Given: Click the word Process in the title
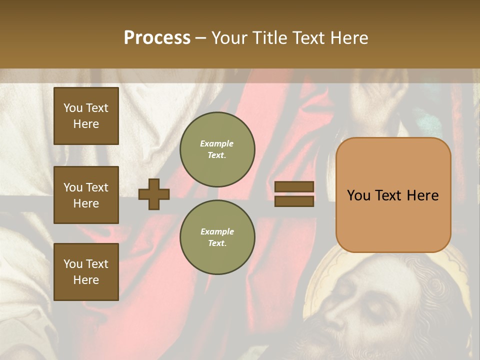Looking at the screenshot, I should [157, 38].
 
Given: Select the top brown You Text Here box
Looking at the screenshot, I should [86, 116].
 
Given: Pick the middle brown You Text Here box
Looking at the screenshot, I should [86, 195].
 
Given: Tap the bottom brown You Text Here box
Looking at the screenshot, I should [86, 271].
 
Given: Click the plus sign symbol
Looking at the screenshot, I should [154, 194].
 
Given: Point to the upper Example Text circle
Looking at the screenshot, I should [217, 149].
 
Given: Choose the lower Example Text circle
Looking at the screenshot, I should [217, 237].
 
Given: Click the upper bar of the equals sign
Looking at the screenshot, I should [294, 187].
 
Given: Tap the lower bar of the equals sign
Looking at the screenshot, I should [294, 201].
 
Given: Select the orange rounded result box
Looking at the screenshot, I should [393, 195].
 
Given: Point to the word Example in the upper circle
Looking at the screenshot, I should [217, 143].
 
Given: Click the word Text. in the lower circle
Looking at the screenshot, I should [217, 243].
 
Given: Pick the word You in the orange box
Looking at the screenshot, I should [359, 195].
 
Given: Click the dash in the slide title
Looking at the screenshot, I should [200, 38].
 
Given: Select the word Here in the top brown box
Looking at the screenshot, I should [86, 124].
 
